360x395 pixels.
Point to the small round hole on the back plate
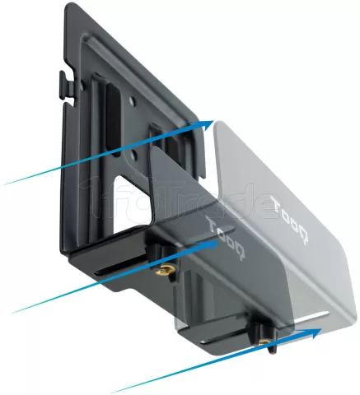[x=133, y=104]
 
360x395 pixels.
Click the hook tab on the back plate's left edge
[x=63, y=82]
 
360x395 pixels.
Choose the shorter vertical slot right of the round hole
[x=154, y=140]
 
